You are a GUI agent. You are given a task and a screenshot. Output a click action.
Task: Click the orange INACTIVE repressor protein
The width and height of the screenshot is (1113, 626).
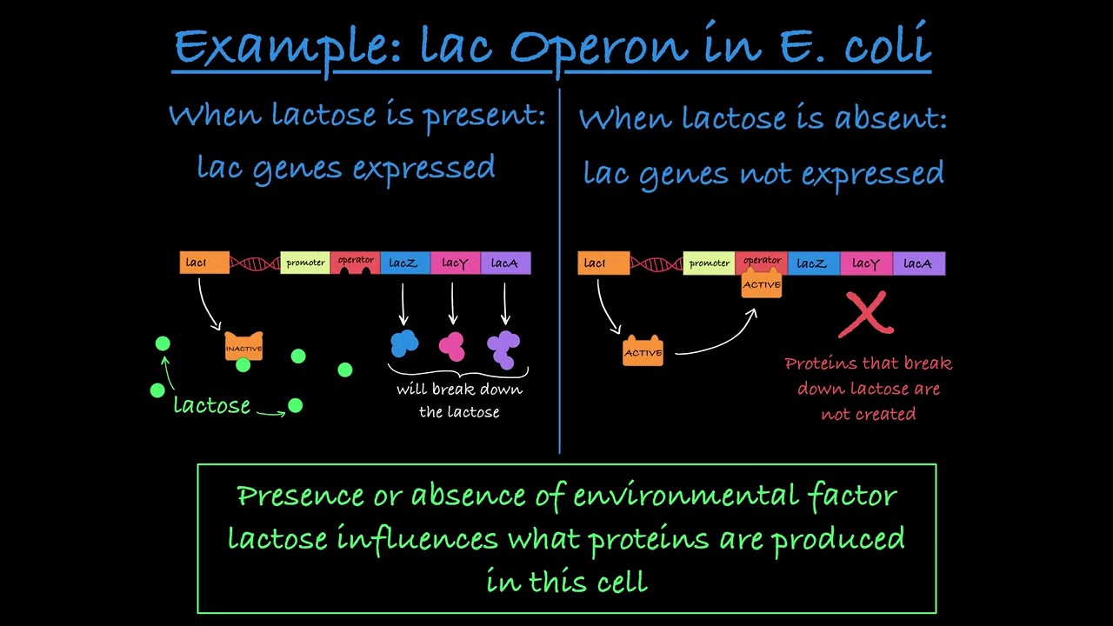tap(243, 348)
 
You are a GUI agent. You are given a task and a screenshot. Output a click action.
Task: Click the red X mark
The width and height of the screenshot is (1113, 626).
tap(866, 315)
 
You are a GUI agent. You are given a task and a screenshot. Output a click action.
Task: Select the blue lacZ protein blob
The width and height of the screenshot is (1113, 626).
tap(404, 343)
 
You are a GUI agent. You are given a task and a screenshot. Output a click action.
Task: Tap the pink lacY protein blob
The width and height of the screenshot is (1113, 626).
tap(452, 345)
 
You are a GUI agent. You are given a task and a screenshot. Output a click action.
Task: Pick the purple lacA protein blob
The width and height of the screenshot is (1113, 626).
tap(503, 347)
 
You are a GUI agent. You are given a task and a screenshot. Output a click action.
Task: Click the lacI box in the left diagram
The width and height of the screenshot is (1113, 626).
tap(204, 263)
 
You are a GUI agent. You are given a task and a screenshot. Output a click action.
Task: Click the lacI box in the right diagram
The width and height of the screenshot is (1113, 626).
tap(603, 263)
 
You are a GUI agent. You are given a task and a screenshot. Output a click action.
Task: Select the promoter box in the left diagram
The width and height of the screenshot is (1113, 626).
tap(305, 263)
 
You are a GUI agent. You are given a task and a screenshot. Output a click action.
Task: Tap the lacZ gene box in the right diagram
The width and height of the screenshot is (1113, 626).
tap(813, 263)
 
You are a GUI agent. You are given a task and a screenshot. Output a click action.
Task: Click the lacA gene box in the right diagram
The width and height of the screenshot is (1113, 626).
tap(918, 263)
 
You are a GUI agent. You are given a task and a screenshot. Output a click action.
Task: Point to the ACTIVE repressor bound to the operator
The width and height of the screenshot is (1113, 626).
tap(762, 285)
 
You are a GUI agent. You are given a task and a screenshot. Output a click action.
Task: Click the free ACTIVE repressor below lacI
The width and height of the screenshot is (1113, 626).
tap(643, 352)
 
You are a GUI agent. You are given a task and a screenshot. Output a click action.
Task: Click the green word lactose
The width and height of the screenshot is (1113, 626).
tap(211, 405)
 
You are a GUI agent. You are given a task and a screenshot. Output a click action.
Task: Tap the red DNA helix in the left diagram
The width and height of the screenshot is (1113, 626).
tap(255, 263)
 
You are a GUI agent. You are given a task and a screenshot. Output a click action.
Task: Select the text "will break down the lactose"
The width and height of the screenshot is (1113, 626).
tap(459, 400)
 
